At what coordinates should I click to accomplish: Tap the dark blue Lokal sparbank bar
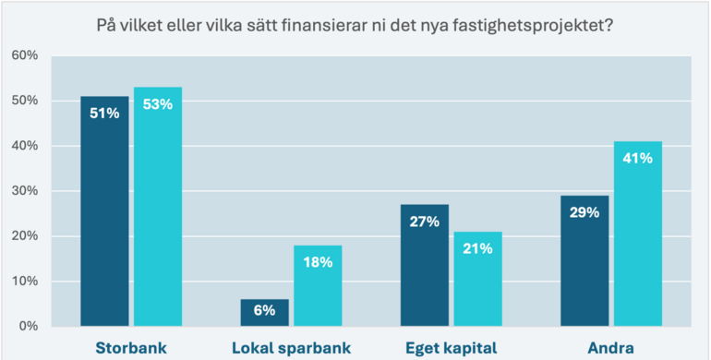pos(264,312)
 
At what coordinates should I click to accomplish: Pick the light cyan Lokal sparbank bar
pos(318,285)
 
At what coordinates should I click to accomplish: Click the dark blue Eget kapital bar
pos(425,265)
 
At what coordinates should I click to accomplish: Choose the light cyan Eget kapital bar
pos(478,279)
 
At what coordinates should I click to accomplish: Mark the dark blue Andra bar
pos(584,260)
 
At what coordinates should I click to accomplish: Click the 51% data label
pos(104,114)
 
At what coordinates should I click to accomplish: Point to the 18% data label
pos(318,262)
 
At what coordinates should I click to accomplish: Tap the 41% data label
pos(638,158)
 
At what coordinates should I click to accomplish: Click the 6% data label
pos(264,311)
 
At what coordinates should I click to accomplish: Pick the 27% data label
pos(425,222)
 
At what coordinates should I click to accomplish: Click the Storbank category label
pos(131,348)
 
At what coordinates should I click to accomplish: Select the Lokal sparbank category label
pos(291,348)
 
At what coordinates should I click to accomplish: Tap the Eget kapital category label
pos(452,348)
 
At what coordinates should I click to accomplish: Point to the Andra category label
pos(611,348)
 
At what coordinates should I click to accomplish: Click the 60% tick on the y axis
pos(24,55)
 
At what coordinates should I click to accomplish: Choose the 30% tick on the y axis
pos(24,191)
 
